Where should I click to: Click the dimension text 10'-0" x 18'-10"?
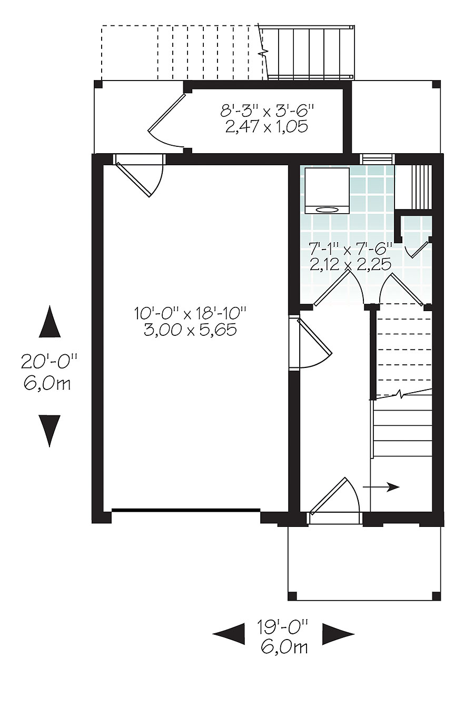[x=190, y=314]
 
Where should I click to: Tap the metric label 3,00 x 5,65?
[x=190, y=330]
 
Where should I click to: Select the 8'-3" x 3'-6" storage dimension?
[x=268, y=111]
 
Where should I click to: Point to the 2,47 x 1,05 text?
[x=266, y=127]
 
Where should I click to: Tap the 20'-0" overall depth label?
[x=49, y=362]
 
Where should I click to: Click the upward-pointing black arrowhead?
[x=50, y=323]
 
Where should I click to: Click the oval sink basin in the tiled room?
[x=327, y=210]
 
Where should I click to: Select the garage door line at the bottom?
[x=186, y=510]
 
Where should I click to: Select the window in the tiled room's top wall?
[x=377, y=159]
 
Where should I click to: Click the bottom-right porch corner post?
[x=436, y=595]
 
